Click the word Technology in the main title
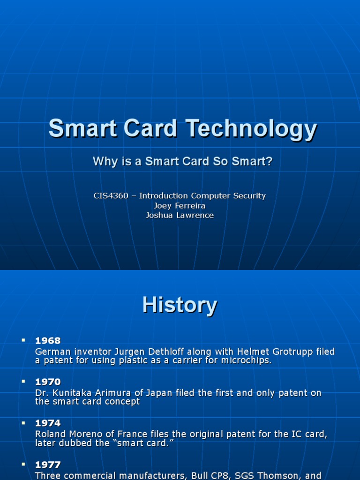[251, 129]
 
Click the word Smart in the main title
[75, 129]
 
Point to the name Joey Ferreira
[180, 206]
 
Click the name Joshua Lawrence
[180, 216]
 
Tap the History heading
[180, 305]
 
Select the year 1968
[48, 341]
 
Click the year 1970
[48, 382]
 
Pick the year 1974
[48, 423]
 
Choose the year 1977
[48, 465]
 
